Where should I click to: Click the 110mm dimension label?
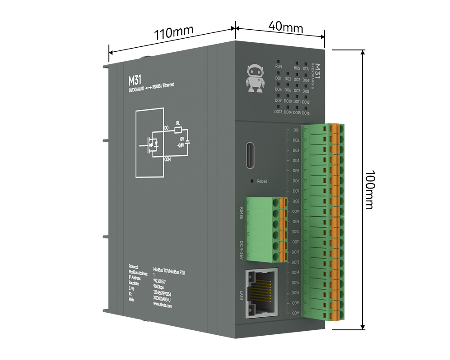point(174,33)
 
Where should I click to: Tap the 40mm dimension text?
point(285,26)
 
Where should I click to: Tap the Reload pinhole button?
point(252,181)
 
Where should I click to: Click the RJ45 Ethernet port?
point(261,292)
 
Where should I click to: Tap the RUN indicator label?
point(279,67)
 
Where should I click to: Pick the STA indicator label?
point(306,68)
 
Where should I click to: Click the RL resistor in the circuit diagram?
point(178,129)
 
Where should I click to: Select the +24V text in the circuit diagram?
point(180,145)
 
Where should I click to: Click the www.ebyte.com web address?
point(165,304)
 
